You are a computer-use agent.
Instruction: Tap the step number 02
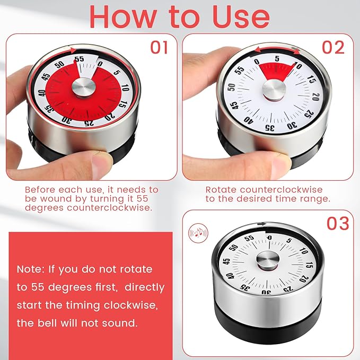(x=333, y=47)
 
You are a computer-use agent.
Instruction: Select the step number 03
(x=338, y=223)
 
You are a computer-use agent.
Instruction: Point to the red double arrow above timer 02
(x=276, y=50)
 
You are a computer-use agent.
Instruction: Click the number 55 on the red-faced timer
(x=80, y=60)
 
